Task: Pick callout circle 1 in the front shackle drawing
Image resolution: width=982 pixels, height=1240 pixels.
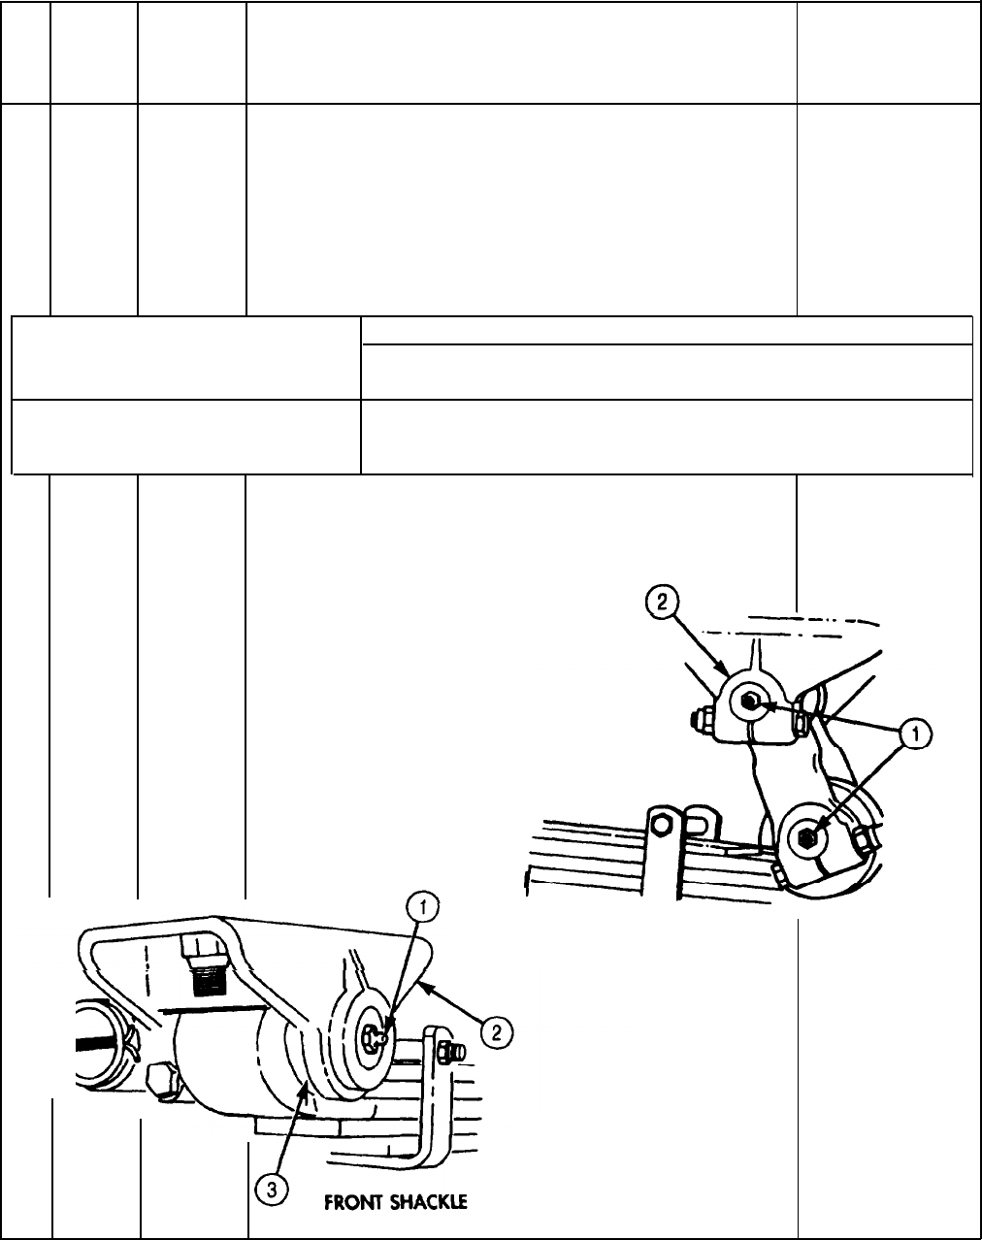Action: (420, 909)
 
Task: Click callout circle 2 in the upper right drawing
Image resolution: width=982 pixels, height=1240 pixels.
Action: (663, 604)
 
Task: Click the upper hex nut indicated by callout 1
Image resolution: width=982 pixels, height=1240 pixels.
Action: (750, 702)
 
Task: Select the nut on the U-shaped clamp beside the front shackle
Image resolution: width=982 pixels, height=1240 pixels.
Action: (450, 1050)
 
